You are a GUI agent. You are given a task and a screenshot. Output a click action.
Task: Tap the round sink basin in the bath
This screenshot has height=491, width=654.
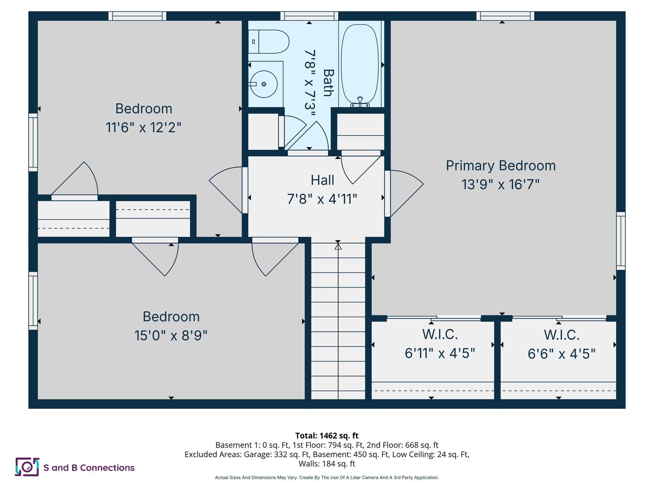tap(264, 84)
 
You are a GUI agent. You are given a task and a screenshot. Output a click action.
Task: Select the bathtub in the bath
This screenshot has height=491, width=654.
tap(360, 64)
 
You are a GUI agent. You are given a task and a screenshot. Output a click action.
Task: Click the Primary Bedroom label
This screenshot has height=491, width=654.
tap(500, 166)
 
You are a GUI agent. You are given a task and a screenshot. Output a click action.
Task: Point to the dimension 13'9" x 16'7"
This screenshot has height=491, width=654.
tap(500, 184)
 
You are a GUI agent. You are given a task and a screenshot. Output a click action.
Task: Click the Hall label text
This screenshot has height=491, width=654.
tap(322, 180)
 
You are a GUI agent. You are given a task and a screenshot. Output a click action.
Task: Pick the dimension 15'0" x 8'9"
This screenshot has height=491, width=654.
tap(171, 336)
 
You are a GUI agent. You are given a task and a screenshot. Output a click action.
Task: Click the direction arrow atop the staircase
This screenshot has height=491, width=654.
tap(338, 246)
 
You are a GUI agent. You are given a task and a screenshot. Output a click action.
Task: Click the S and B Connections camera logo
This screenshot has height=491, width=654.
tap(27, 467)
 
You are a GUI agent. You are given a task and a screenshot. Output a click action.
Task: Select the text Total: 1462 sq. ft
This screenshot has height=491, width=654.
tap(327, 436)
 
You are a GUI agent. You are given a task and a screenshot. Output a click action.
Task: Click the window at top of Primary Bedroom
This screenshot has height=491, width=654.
tap(505, 16)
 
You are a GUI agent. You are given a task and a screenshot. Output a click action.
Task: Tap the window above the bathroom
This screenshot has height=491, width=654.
tap(309, 16)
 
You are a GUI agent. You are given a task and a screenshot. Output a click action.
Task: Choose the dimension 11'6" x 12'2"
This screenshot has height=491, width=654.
tap(143, 128)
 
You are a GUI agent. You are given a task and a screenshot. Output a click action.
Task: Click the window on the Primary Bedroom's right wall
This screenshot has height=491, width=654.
tap(620, 241)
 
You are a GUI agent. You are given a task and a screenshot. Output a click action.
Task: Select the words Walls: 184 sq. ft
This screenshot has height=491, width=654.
tap(327, 464)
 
